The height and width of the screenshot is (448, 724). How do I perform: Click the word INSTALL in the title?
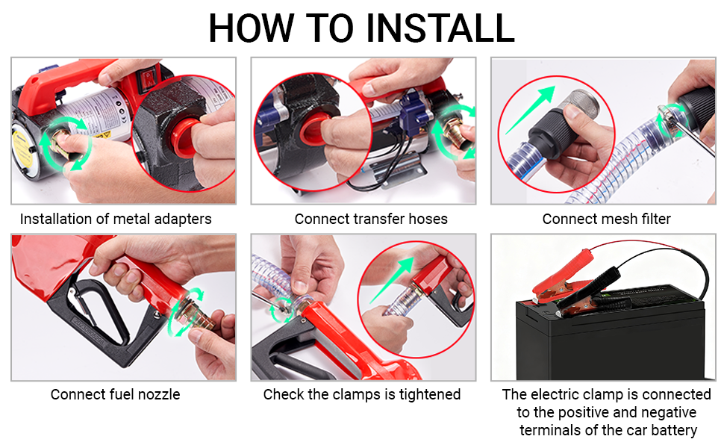point(440,28)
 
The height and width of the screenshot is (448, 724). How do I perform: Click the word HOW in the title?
point(252,28)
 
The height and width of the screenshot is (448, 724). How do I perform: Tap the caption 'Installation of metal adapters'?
point(116,219)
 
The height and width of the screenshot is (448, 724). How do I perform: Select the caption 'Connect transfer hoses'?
point(371,219)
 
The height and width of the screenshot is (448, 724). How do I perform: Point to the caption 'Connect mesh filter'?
point(606,219)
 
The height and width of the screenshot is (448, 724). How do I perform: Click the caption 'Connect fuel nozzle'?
point(116,394)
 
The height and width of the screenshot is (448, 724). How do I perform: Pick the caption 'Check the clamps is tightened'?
point(361,394)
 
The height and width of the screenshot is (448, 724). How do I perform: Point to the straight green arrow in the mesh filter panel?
point(530,110)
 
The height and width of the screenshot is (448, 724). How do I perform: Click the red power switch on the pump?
point(148,78)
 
